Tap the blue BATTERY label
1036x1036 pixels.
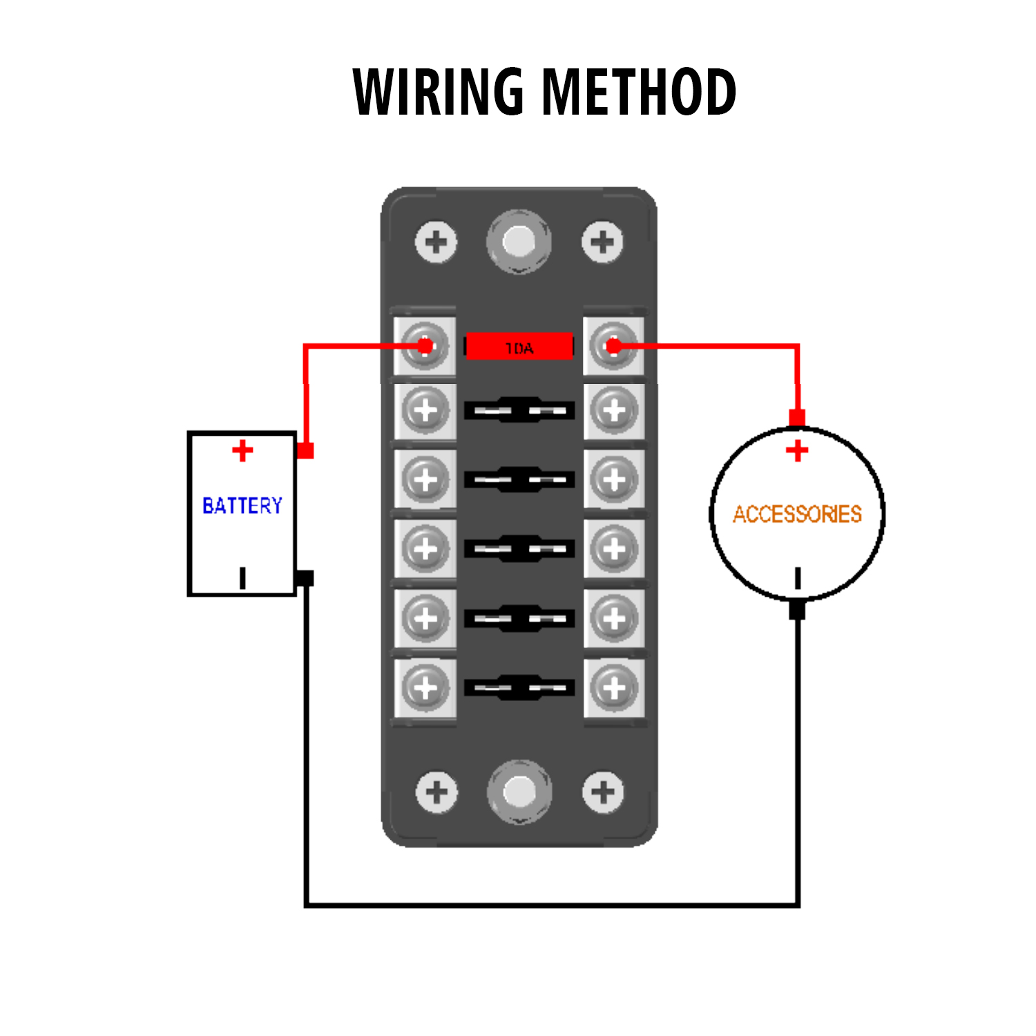point(242,506)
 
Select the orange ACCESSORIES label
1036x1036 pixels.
point(797,514)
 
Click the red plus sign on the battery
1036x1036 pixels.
point(242,451)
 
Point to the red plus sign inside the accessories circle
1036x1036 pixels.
point(797,451)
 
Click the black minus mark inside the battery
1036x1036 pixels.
point(242,578)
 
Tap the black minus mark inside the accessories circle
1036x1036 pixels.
point(798,578)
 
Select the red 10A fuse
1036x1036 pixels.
point(519,347)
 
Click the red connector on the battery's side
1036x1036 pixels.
point(305,450)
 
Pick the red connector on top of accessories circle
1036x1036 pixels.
point(797,418)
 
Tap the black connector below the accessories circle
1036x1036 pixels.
point(797,610)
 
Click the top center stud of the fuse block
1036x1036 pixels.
point(519,242)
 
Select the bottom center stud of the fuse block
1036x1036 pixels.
point(519,792)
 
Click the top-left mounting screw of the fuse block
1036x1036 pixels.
point(436,242)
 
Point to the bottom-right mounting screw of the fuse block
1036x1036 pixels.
point(603,792)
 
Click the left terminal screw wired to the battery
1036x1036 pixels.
point(425,345)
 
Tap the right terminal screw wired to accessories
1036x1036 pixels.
point(613,345)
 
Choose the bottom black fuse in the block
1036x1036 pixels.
point(519,688)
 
